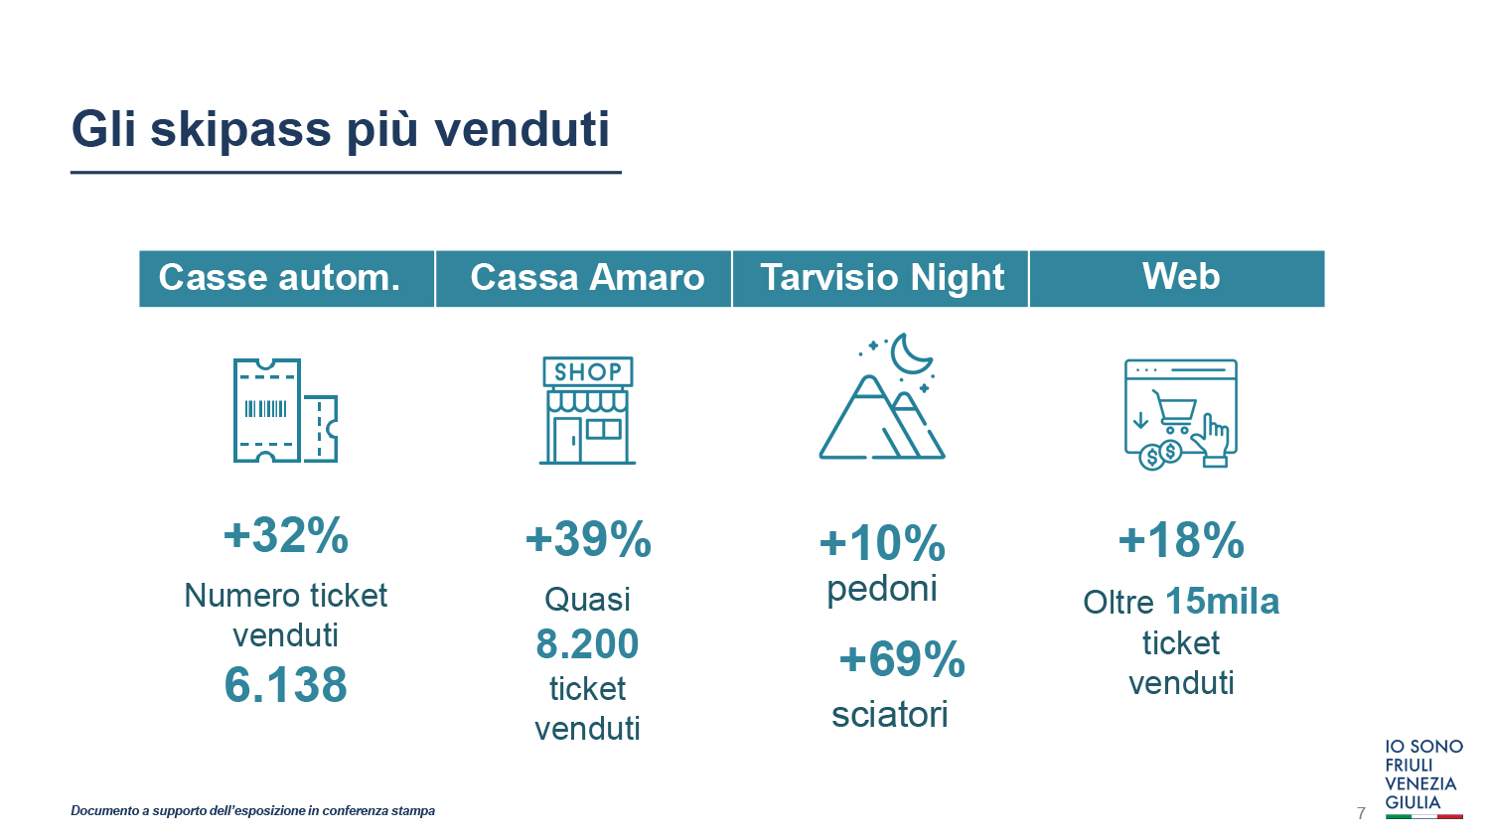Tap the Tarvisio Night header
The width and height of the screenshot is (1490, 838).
click(881, 278)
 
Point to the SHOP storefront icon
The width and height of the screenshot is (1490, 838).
click(587, 410)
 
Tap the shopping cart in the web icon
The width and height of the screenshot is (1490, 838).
click(1175, 411)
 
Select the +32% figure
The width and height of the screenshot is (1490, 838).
click(286, 535)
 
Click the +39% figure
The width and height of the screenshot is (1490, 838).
click(588, 539)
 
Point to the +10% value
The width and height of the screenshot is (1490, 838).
click(882, 543)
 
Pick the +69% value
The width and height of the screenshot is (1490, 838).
click(902, 659)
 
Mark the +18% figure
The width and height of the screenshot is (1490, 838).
click(1181, 539)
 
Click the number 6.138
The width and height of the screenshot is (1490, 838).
click(286, 685)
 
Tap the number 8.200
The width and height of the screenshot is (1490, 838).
click(587, 643)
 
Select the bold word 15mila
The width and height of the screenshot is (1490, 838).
click(1223, 602)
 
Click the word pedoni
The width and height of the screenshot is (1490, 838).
click(882, 590)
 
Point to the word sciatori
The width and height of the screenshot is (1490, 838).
click(890, 714)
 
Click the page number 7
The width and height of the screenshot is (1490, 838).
click(1361, 813)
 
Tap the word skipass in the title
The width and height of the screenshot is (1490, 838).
click(240, 130)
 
